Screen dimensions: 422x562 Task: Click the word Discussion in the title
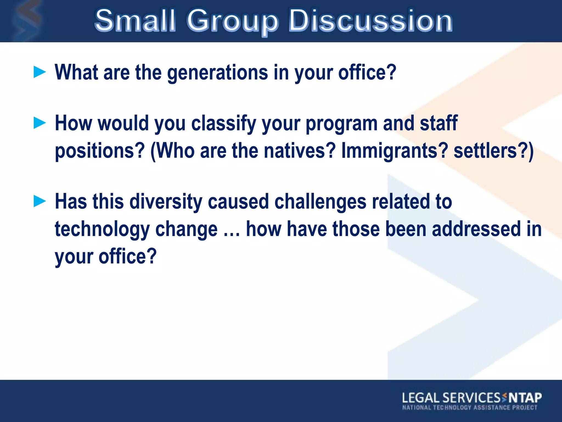coord(370,21)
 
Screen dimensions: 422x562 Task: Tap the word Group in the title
coord(232,21)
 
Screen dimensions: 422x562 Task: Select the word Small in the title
coord(135,21)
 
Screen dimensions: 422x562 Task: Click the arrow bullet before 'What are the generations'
coord(40,72)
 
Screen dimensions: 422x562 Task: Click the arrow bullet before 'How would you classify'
coord(40,123)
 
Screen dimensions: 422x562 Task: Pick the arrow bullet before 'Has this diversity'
coord(40,201)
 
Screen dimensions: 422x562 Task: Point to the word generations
coord(217,73)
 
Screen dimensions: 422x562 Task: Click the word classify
coord(224,124)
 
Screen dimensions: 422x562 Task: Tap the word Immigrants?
coord(394,151)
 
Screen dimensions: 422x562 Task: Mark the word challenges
coord(320,202)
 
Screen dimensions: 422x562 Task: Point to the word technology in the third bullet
coord(102,230)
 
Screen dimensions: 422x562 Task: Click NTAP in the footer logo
coord(525,398)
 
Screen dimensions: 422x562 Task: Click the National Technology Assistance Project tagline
coord(470,407)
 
